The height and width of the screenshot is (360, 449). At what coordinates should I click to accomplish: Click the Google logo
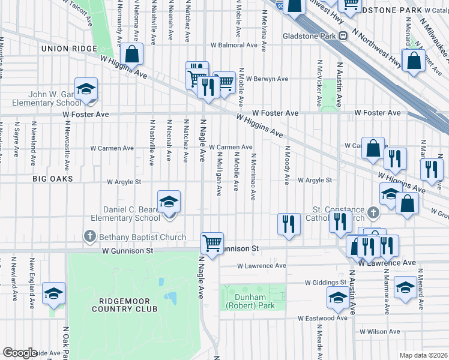pos(20,352)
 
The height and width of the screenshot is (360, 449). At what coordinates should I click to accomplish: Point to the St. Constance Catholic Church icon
pos(373,212)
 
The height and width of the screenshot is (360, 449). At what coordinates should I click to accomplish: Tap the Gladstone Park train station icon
pos(343,35)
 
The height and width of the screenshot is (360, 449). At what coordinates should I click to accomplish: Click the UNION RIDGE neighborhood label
pos(69,48)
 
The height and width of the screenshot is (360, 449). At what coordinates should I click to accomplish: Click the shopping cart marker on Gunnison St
pos(212,243)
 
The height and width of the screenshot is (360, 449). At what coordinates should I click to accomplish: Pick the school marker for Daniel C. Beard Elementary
pos(169,201)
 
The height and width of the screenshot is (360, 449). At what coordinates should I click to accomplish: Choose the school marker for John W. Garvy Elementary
pos(86,89)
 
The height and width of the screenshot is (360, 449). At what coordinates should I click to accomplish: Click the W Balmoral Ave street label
pos(234,45)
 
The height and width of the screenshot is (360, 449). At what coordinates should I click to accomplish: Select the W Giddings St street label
pos(326,282)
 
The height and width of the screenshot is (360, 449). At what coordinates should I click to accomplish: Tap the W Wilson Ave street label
pos(379,331)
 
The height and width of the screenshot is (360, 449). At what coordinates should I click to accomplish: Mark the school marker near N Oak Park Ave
pos(54,293)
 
